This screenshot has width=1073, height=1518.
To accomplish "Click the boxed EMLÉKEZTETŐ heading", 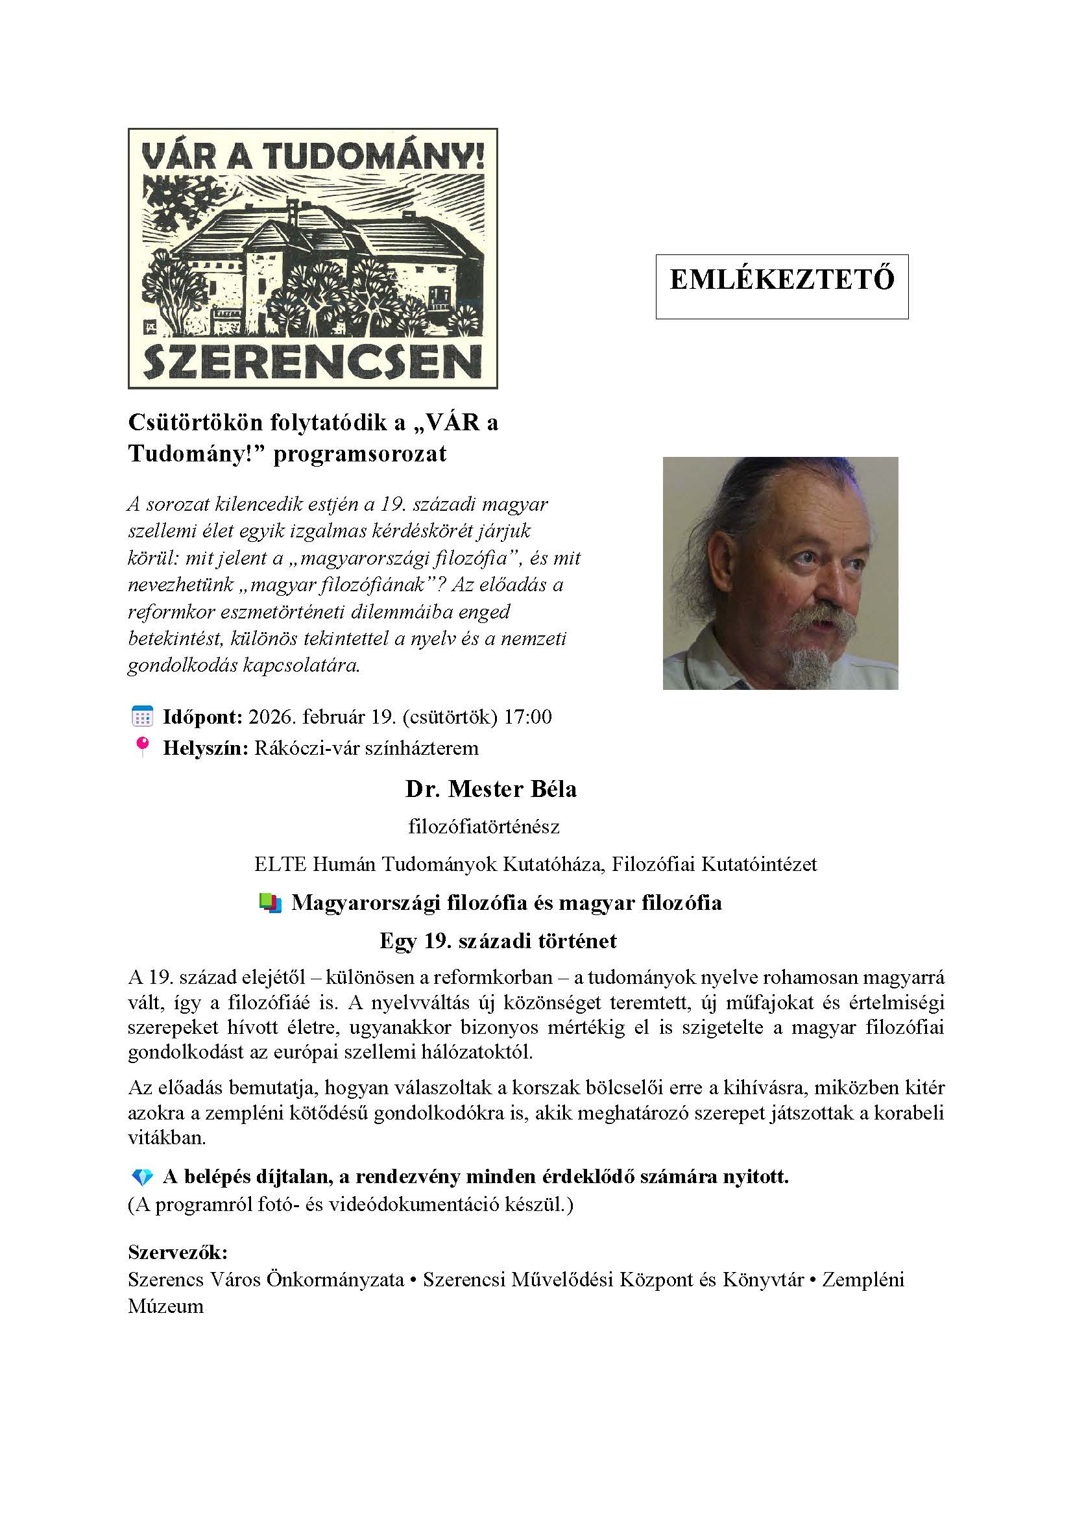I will point(782,280).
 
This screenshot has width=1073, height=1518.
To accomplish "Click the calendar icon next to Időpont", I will point(142,716).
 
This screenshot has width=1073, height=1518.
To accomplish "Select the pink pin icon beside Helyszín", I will point(141,747).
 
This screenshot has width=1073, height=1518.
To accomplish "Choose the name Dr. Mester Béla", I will point(491,789).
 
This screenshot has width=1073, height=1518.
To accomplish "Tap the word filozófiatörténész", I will point(484,826).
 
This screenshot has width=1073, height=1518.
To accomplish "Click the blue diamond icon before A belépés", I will point(142,1177).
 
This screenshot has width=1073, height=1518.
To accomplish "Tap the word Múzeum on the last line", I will point(166,1306).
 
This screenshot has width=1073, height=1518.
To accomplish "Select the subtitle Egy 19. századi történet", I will point(498,940).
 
